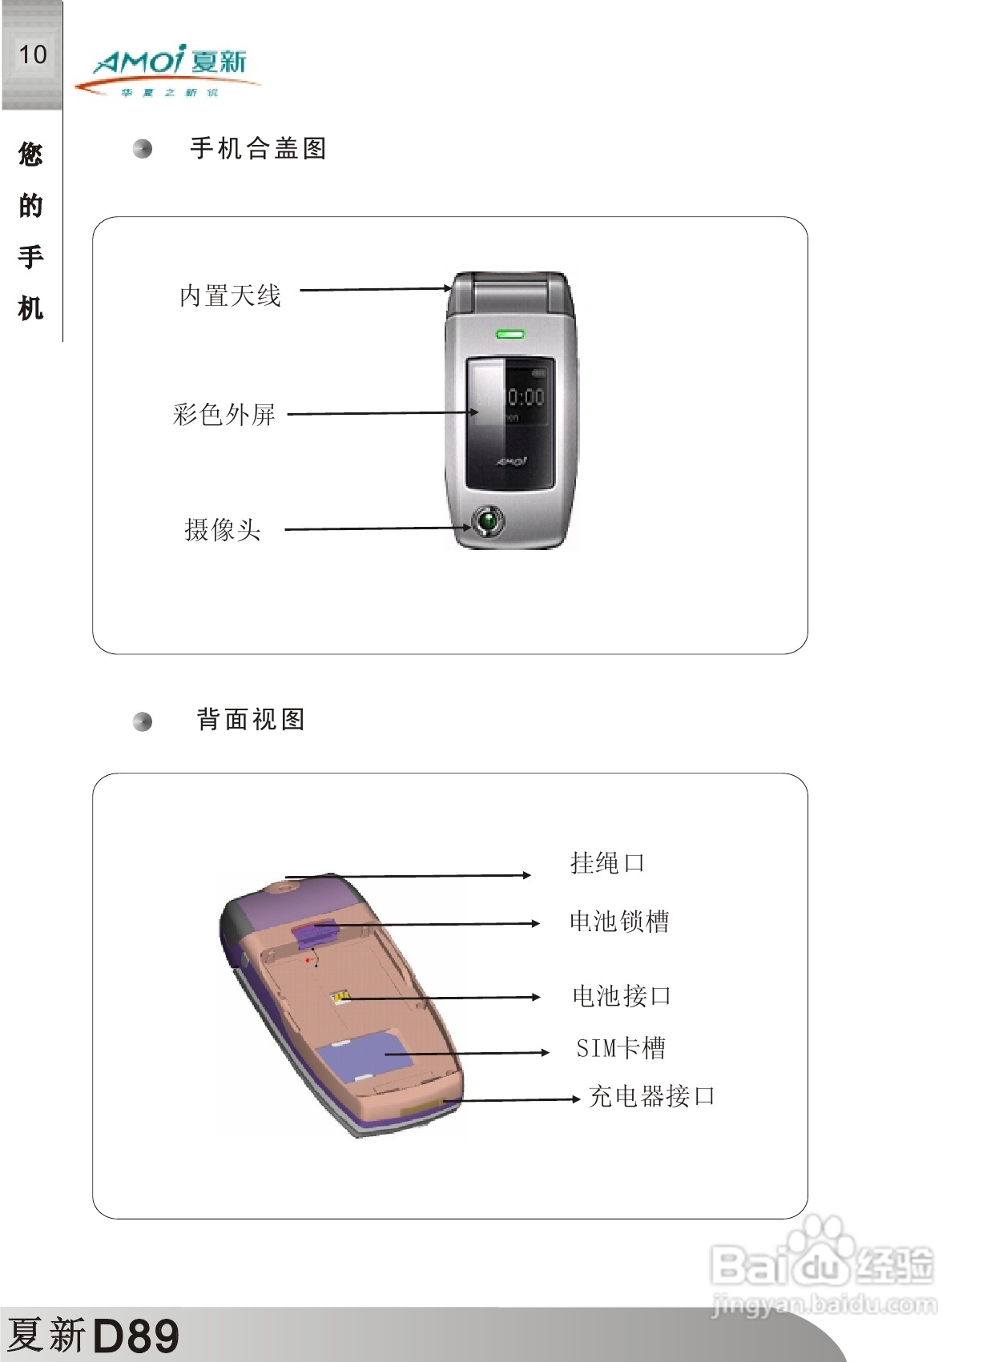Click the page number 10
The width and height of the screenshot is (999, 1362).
point(33,54)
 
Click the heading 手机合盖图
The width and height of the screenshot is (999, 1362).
point(258,148)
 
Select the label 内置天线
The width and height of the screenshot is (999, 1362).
point(230,295)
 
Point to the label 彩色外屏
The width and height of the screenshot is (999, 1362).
point(224,414)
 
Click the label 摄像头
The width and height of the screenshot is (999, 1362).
point(223,529)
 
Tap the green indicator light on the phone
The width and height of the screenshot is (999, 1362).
point(510,333)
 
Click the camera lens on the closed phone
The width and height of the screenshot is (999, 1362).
point(488,522)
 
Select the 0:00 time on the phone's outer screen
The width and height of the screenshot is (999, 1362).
point(526,396)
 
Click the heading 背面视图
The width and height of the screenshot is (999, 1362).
point(251,719)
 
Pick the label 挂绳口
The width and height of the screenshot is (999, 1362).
point(607,863)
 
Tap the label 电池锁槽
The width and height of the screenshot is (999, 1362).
point(619,922)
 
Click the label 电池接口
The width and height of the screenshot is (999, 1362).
point(622,996)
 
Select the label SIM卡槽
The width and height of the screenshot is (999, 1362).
point(621,1048)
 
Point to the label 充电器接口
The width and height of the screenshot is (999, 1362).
point(651,1096)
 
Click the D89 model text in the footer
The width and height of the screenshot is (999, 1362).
point(136,1335)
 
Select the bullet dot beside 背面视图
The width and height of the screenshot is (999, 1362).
point(143,721)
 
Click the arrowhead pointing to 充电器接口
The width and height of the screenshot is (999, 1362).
point(575,1099)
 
